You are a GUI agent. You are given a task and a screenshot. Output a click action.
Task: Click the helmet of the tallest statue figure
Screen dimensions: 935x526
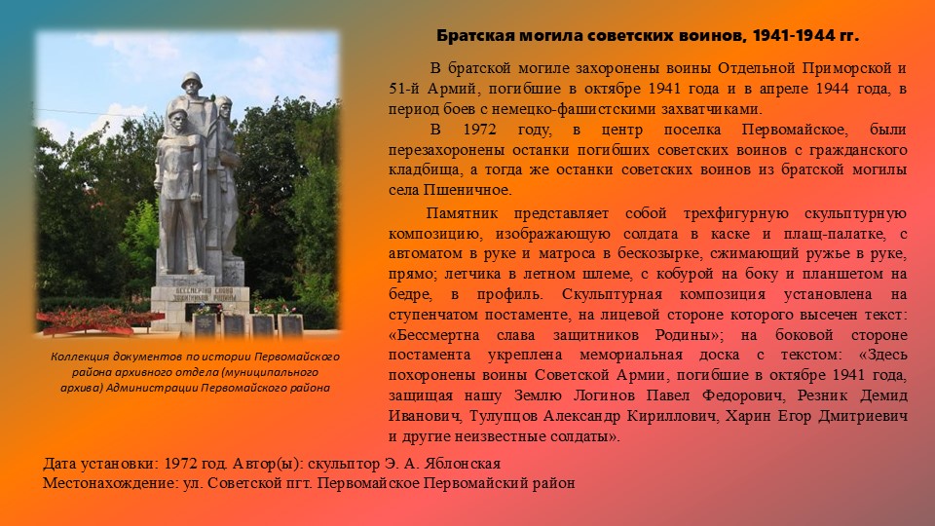point(192,79)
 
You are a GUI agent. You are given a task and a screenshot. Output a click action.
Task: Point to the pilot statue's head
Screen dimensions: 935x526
point(223,106)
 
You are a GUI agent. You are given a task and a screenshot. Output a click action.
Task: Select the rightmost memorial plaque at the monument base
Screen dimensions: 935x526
point(290,325)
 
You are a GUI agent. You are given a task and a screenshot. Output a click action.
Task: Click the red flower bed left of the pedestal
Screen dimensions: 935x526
point(95,319)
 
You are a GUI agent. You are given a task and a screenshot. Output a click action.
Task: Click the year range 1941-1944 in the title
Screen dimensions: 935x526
point(791,36)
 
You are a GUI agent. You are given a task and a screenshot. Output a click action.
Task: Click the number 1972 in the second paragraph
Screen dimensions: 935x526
point(479,130)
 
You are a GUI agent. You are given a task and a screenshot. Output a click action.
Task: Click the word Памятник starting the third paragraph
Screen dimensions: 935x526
point(462,213)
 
